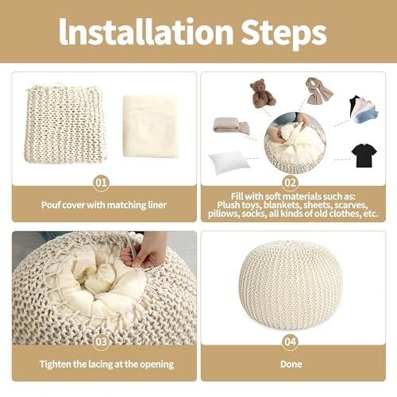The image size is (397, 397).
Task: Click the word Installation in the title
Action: pyautogui.click(x=146, y=33)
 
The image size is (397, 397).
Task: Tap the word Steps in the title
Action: pyautogui.click(x=283, y=35)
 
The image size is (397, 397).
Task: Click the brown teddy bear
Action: pyautogui.click(x=263, y=93)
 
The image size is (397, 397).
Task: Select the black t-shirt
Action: pyautogui.click(x=364, y=156)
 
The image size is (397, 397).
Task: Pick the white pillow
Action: pyautogui.click(x=229, y=162)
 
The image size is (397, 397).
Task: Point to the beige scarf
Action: pyautogui.click(x=318, y=91)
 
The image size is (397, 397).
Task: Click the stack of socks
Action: pyautogui.click(x=364, y=110)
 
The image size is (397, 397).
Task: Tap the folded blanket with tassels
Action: pyautogui.click(x=231, y=125)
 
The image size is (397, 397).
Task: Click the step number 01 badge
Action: pyautogui.click(x=101, y=183)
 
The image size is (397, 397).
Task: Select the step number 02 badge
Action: pyautogui.click(x=290, y=183)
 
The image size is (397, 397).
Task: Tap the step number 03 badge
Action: pyautogui.click(x=101, y=342)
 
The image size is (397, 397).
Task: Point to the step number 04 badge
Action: pyautogui.click(x=290, y=342)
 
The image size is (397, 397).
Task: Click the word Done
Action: pyautogui.click(x=291, y=364)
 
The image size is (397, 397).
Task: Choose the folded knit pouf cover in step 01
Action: pyautogui.click(x=65, y=123)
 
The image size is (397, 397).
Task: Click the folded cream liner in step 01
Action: pyautogui.click(x=151, y=126)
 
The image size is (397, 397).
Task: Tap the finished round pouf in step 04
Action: pyautogui.click(x=291, y=285)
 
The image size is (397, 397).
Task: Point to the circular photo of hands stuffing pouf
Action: pyautogui.click(x=295, y=143)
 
